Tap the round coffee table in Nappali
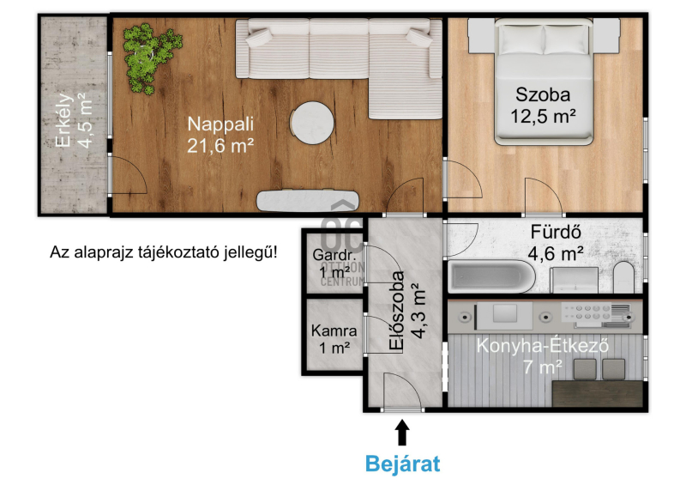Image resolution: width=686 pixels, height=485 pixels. coord(312,123)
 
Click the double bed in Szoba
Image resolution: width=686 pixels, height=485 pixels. coord(544,82)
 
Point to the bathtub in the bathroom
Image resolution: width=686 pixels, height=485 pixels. coord(491,277)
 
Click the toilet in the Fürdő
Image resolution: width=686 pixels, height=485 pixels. coord(624,277)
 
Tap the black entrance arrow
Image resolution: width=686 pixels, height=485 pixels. coord(402,433)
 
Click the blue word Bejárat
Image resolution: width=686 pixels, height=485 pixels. coord(402,464)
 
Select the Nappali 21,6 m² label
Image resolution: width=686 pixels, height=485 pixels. coord(220,135)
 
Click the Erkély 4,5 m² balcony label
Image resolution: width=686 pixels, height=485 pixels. coord(74,119)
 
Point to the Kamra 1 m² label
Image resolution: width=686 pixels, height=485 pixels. coord(334,339)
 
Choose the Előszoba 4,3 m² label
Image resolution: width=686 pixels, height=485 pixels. coord(406,310)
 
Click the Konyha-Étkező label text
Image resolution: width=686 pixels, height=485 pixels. coord(543,346)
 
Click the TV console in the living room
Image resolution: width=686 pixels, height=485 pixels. coord(308,201)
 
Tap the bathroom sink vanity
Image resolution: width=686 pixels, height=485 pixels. coord(574,280)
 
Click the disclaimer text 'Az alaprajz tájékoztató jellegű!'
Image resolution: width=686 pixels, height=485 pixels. coord(164,252)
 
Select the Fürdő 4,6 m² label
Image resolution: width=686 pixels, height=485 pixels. coord(556,242)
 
